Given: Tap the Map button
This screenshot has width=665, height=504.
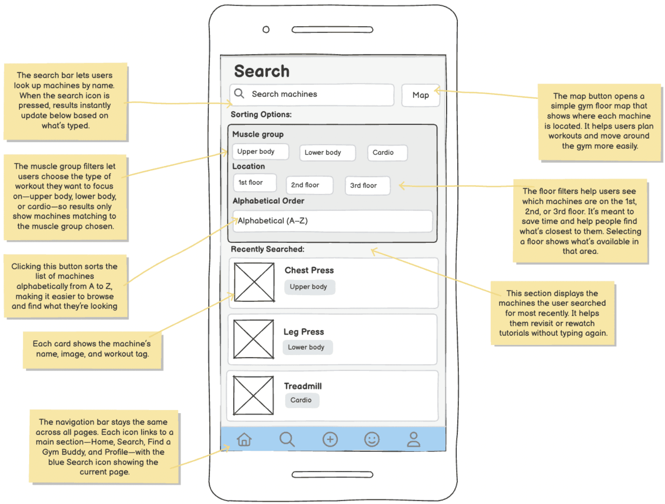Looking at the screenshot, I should pos(420,95).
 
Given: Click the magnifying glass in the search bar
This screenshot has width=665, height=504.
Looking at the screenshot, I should pos(239,94).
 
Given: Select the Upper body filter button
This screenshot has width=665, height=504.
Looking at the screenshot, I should pos(260,151).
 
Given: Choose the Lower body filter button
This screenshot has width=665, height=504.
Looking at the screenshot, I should pos(327,153).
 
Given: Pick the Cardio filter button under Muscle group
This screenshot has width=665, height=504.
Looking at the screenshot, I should pos(387,153).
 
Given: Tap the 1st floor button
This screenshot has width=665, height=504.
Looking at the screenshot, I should pos(254,183).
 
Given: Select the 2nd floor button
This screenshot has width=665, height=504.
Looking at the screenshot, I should pos(309,185).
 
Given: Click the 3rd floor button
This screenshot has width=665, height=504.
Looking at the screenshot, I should pos(367,185).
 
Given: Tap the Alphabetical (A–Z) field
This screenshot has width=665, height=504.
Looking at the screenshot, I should pos(332,221).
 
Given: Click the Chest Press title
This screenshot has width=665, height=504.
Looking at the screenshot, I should pos(309,270).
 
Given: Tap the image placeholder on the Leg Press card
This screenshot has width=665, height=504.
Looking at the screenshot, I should pos(254,339).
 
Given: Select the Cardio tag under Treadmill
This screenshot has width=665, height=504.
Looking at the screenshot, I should pos(302,400).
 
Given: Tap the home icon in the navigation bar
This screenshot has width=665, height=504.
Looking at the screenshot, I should pos(244,439).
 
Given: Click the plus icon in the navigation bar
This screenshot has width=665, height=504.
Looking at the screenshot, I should pos(330,439).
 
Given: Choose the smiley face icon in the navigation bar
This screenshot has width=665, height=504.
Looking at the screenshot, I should pos(372,439).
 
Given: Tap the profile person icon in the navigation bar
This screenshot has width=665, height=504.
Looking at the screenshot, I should pos(414,439).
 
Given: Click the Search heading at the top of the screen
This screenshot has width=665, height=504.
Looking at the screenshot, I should pos(262,71).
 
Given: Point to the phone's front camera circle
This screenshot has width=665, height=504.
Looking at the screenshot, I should pos(266,30).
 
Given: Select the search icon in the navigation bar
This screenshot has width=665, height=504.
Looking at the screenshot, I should pos(287,439).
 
